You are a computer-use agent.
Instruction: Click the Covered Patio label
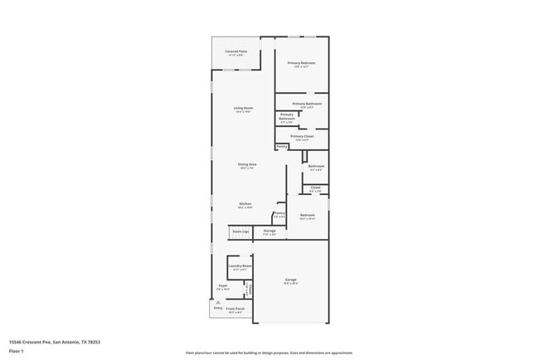pyautogui.click(x=236, y=51)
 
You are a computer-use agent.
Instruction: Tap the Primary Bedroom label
pyautogui.click(x=301, y=63)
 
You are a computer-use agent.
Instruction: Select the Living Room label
pyautogui.click(x=243, y=109)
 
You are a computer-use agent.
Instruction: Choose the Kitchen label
pyautogui.click(x=245, y=204)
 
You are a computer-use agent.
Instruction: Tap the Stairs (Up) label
pyautogui.click(x=240, y=231)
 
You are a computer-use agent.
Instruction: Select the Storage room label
pyautogui.click(x=269, y=231)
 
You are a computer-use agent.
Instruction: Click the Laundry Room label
pyautogui.click(x=240, y=266)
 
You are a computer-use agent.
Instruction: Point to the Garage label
pyautogui.click(x=290, y=280)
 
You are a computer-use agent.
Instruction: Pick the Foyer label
pyautogui.click(x=223, y=285)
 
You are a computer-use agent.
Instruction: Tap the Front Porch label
pyautogui.click(x=236, y=309)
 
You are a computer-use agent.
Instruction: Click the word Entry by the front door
pyautogui.click(x=218, y=308)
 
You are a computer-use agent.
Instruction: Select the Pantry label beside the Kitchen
pyautogui.click(x=279, y=213)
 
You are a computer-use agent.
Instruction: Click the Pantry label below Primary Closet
pyautogui.click(x=281, y=147)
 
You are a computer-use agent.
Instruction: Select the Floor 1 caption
pyautogui.click(x=16, y=351)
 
